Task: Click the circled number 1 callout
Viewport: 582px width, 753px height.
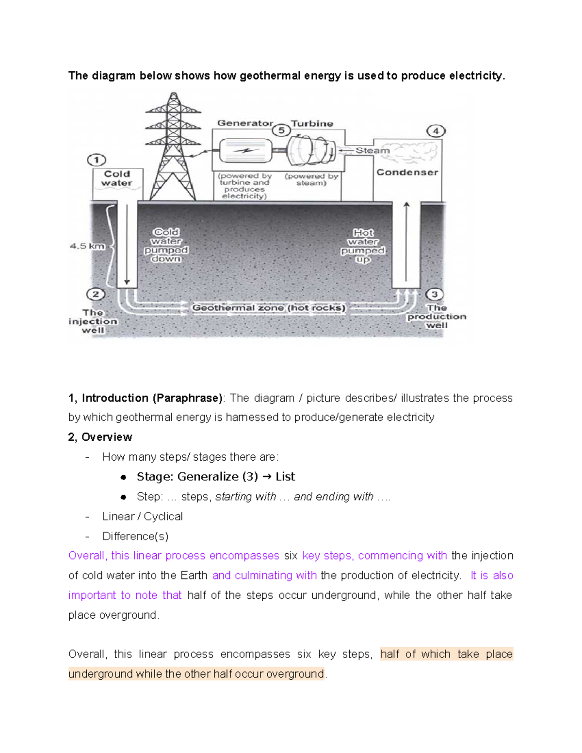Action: tap(97, 160)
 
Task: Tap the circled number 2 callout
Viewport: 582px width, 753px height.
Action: tap(96, 294)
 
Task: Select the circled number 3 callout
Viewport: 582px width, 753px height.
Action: tap(435, 294)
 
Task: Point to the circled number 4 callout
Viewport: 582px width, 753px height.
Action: tap(436, 131)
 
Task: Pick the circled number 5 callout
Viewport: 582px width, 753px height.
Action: tap(281, 130)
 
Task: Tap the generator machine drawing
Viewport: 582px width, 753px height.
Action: tap(245, 151)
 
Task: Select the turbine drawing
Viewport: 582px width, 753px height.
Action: tap(311, 150)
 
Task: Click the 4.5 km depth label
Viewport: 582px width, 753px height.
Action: tap(87, 246)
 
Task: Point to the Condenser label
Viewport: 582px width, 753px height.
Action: tap(407, 172)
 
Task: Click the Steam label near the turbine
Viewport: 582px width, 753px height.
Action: tap(372, 150)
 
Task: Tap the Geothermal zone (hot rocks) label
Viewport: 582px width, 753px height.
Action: tap(269, 308)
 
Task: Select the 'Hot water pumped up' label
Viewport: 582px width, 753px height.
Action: tap(363, 246)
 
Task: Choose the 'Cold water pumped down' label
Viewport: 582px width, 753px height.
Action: tap(166, 245)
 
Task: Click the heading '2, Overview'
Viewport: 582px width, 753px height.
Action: tap(100, 437)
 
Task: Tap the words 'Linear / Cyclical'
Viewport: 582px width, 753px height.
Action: tap(142, 516)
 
